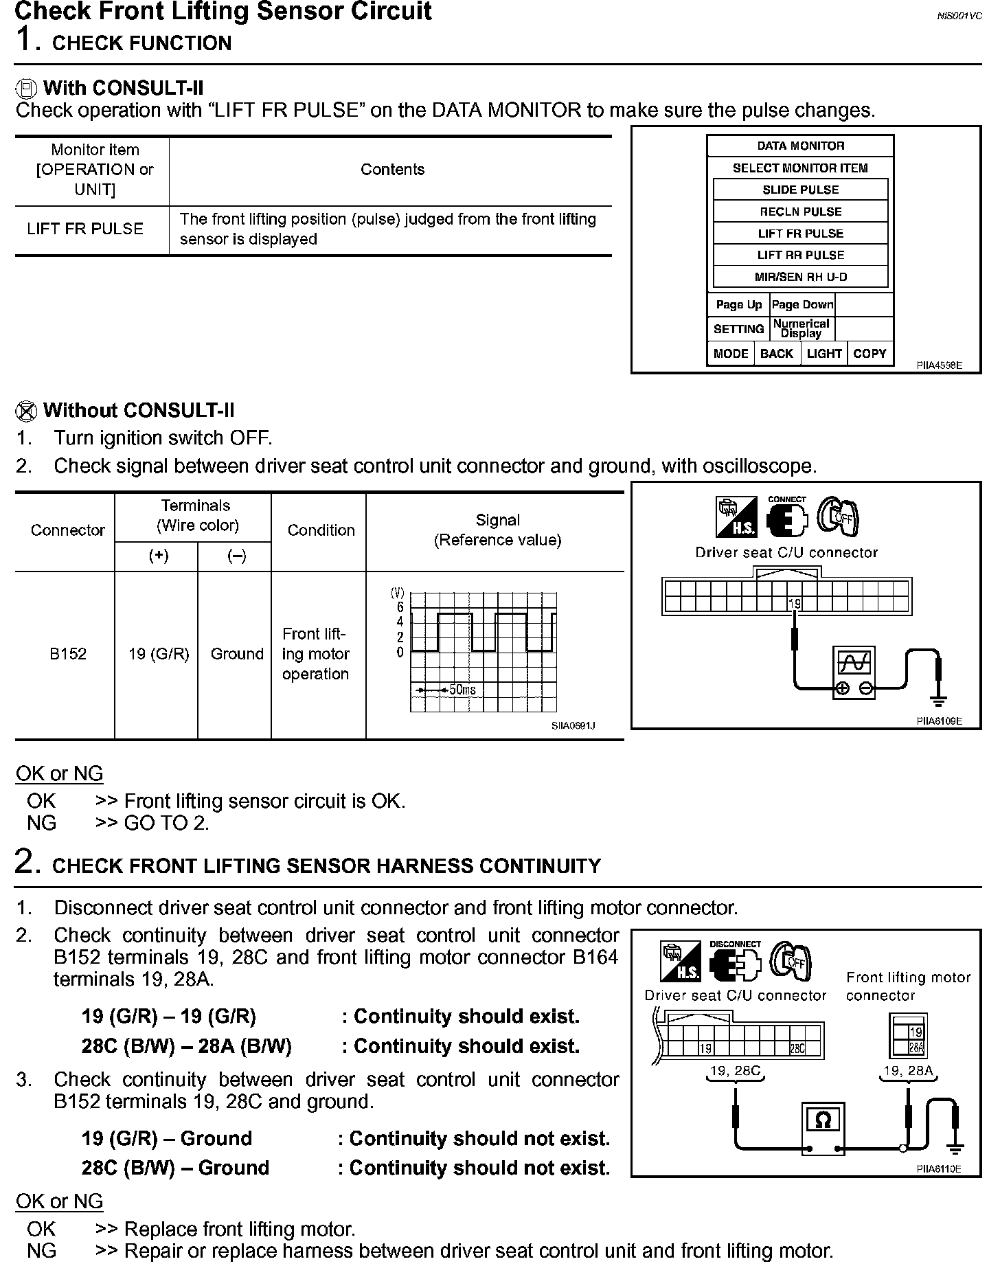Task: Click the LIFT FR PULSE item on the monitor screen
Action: coord(800,234)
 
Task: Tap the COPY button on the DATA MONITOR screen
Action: coord(870,354)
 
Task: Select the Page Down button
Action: coord(802,305)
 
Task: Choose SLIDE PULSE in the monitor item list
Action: coord(800,190)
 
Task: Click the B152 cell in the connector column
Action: coord(68,654)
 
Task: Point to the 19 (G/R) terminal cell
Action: coord(159,654)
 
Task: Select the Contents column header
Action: coord(392,170)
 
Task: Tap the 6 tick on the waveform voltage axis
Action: coord(400,607)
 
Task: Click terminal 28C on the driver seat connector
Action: coord(797,1049)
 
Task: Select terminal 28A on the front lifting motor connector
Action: coord(916,1048)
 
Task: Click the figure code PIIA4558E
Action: coord(939,366)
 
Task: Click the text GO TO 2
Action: coord(166,823)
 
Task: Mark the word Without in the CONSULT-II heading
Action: coord(80,411)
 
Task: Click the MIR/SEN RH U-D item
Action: coord(800,277)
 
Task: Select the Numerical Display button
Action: coord(801,328)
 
